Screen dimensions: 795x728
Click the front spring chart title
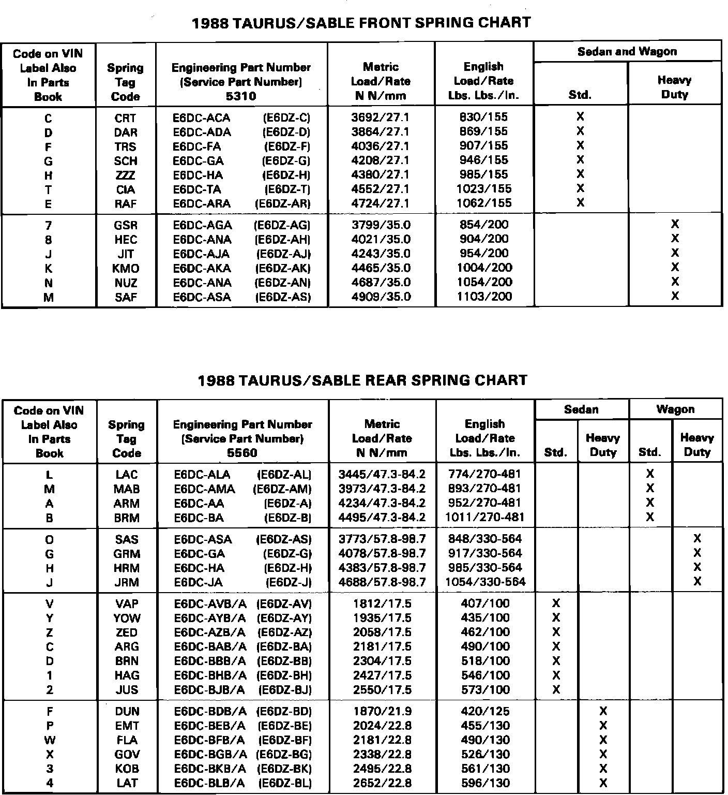click(x=361, y=23)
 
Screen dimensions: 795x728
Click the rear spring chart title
click(x=362, y=380)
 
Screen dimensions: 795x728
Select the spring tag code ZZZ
click(x=126, y=175)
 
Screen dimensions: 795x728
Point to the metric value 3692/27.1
click(x=380, y=117)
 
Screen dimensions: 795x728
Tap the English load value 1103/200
click(x=484, y=297)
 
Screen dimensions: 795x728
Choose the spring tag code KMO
click(x=126, y=269)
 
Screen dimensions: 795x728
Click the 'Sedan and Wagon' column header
click(x=627, y=52)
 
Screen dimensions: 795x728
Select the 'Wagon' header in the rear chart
click(x=675, y=409)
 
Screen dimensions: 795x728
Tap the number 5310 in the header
click(x=241, y=96)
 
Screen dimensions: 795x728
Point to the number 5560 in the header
click(x=242, y=453)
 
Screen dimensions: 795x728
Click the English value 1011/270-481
click(x=484, y=517)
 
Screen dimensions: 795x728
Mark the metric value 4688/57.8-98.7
click(x=382, y=582)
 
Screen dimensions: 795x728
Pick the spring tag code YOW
click(x=127, y=618)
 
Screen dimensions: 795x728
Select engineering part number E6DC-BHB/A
click(x=210, y=675)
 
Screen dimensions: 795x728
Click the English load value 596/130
click(x=485, y=783)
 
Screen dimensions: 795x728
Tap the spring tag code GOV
click(x=127, y=755)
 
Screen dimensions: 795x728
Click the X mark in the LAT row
click(x=603, y=783)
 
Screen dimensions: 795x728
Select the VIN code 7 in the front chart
click(x=48, y=226)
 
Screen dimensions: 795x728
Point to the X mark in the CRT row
click(x=580, y=117)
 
